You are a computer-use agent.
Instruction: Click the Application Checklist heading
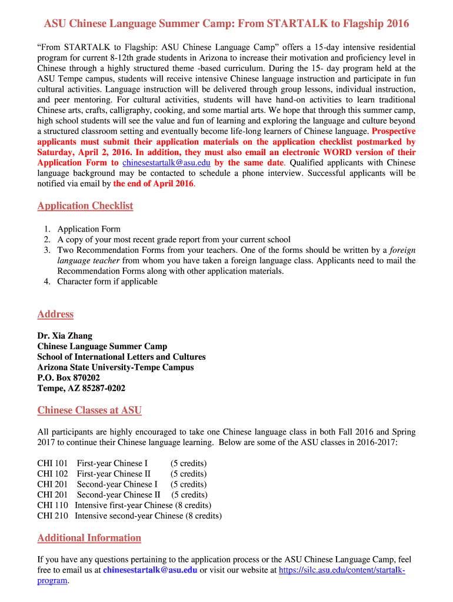tap(85, 206)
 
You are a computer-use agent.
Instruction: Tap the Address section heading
tap(55, 314)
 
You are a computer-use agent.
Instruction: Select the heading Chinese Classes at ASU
tap(89, 410)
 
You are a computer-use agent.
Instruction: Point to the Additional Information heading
tap(89, 538)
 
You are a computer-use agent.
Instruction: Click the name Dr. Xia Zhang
tap(65, 336)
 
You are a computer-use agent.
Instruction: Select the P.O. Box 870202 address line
tap(68, 378)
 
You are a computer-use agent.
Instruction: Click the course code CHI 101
tap(52, 463)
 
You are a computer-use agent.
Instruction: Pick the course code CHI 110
tap(52, 506)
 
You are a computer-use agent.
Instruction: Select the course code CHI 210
tap(52, 516)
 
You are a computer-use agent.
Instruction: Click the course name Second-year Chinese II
tap(118, 495)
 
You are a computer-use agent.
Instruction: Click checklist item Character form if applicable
tap(107, 282)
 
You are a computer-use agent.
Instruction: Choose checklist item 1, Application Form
tap(88, 229)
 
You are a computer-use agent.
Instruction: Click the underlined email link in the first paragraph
tap(166, 163)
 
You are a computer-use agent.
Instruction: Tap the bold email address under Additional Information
tap(150, 570)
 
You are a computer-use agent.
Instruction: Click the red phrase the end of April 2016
tap(153, 184)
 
